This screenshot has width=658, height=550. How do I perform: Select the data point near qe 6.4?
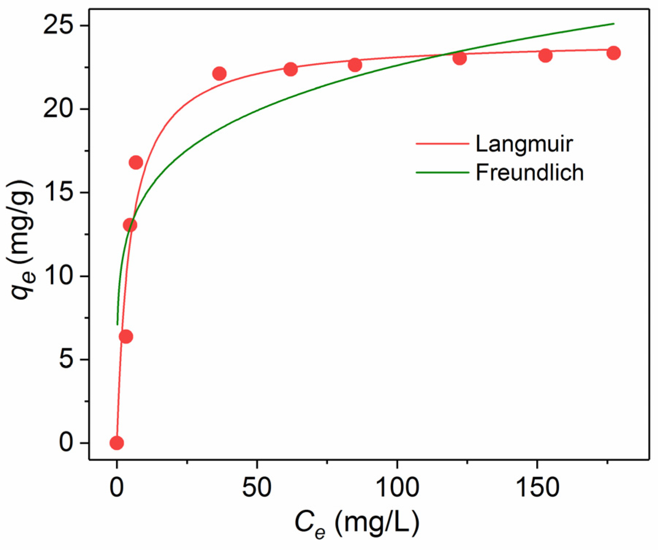click(x=126, y=337)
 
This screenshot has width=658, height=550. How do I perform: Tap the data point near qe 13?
click(x=130, y=225)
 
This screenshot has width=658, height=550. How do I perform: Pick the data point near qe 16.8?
click(x=136, y=162)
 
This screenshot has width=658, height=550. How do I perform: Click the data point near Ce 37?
click(x=219, y=74)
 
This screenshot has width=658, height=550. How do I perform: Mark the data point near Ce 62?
click(x=291, y=69)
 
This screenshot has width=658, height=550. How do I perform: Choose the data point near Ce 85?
click(x=355, y=65)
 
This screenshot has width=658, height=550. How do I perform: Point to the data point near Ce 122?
click(x=460, y=58)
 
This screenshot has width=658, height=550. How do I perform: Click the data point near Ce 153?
click(x=545, y=56)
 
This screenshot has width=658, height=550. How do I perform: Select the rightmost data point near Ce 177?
click(x=613, y=53)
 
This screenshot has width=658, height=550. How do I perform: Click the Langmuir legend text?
click(x=524, y=144)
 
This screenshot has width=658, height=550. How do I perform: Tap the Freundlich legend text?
click(x=529, y=172)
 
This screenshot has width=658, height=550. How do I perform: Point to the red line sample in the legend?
click(x=442, y=144)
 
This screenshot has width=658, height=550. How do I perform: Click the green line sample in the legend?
click(x=442, y=172)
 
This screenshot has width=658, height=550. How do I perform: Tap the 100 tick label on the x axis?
click(x=397, y=487)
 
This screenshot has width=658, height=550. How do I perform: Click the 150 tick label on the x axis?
click(x=537, y=487)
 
